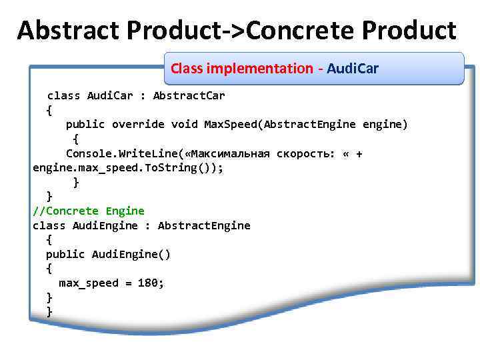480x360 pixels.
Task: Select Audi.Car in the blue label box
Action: click(x=353, y=69)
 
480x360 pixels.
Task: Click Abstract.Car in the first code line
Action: click(x=189, y=95)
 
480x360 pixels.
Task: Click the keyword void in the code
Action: click(x=184, y=125)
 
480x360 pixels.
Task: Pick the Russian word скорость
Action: click(x=306, y=154)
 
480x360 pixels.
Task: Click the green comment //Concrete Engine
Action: click(x=89, y=211)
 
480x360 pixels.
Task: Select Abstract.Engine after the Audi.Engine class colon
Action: click(x=204, y=225)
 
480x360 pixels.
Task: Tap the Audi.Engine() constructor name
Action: click(x=131, y=254)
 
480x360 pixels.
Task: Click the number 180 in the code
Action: click(x=147, y=283)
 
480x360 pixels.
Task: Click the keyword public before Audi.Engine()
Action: click(x=65, y=254)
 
